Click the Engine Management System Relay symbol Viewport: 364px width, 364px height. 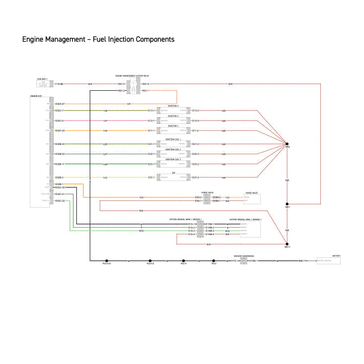pos(133,87)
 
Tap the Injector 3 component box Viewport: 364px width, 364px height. pos(173,111)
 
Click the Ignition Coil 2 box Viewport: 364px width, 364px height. pos(173,154)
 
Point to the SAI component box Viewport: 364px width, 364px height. pos(173,177)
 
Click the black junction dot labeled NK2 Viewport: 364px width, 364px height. pos(287,144)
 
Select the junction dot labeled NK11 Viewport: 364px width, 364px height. pos(287,243)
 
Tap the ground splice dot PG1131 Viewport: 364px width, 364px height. pos(107,260)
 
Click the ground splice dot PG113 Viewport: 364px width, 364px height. pos(150,260)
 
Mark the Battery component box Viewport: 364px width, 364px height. pos(329,260)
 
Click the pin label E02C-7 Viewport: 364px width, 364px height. pos(60,111)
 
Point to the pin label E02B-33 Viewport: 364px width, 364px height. pos(60,144)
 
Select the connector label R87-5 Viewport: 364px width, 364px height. pos(145,84)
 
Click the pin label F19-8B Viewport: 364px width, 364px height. pos(59,84)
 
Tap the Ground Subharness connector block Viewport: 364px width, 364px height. pos(243,260)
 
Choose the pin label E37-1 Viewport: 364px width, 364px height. pos(152,177)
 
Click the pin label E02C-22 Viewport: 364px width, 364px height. pos(60,201)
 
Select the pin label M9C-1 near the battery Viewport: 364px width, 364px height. pos(302,260)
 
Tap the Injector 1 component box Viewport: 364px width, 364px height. pos(173,130)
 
